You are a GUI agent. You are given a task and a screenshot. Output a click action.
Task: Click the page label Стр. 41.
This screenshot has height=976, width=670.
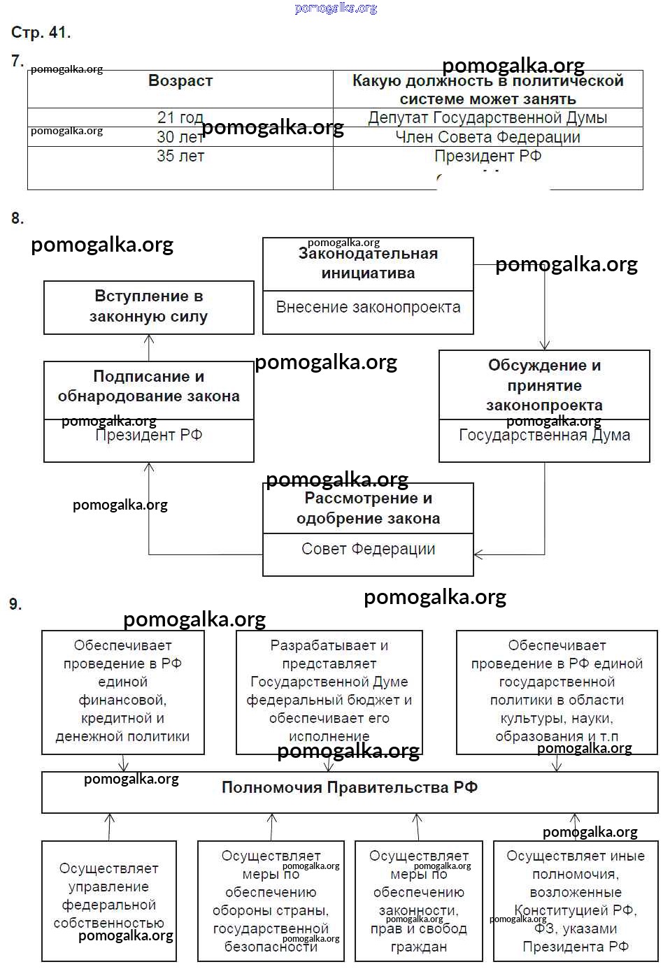point(41,32)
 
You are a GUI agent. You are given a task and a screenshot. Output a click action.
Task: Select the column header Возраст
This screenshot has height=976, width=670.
point(180,81)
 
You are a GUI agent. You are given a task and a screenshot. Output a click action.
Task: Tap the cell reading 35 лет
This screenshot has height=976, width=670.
point(180,156)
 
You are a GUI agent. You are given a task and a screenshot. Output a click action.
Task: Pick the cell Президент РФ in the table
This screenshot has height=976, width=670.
point(487,156)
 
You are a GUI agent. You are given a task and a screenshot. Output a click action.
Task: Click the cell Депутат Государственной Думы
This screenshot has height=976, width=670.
point(487,117)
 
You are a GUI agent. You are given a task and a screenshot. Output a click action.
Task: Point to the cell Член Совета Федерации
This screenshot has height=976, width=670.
point(487,137)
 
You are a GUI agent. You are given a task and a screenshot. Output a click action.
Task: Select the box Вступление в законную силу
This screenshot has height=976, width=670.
point(148,307)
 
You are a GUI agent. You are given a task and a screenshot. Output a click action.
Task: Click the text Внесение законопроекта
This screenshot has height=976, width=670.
point(368,308)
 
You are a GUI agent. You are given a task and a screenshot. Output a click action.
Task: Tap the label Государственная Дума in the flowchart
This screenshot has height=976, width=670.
point(544,436)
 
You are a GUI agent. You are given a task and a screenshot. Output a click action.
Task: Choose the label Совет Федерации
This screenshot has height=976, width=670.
point(368,550)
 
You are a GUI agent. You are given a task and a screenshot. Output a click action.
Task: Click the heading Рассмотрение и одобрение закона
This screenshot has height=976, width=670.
point(368,508)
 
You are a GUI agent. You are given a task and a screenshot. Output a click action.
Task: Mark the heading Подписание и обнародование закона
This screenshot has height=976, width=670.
point(148,387)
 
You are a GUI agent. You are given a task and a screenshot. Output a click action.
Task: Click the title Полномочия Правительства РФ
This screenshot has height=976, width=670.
point(350,788)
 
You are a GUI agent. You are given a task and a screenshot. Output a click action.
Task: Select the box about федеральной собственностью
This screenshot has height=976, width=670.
point(109,900)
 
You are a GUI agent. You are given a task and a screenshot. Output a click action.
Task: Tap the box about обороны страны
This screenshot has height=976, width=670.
point(271,901)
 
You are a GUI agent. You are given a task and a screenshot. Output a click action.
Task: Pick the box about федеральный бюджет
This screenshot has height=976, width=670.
point(329,691)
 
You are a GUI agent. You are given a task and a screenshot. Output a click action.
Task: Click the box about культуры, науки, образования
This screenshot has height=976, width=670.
point(557,691)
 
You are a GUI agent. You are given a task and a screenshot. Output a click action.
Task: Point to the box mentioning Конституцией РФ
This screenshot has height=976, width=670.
point(576,901)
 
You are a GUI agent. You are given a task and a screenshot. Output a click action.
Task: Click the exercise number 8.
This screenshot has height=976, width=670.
point(17,219)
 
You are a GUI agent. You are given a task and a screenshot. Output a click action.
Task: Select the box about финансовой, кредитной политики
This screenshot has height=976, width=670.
point(122,691)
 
